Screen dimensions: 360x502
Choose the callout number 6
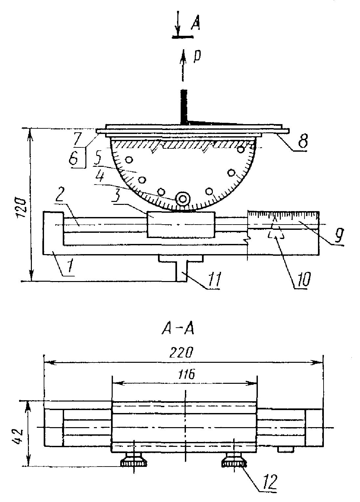(x=74, y=158)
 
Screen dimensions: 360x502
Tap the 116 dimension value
(x=187, y=374)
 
